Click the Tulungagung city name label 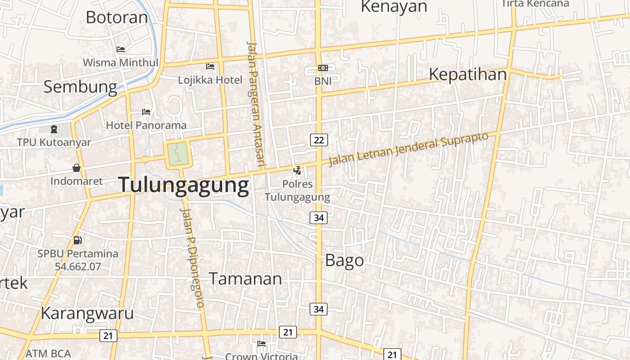(183, 185)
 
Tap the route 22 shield (319, 140)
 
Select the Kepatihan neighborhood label (468, 74)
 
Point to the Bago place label (344, 260)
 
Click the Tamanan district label (245, 279)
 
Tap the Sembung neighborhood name (80, 86)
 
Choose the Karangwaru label (87, 313)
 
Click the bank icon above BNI (323, 68)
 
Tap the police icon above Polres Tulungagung (297, 170)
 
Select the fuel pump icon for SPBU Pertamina (78, 240)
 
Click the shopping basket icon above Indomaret (76, 168)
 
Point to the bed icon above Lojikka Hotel (210, 67)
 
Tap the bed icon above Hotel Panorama (146, 112)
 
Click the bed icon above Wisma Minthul (120, 49)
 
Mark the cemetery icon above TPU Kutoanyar (54, 129)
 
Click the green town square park (179, 154)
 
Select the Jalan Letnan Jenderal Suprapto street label (408, 149)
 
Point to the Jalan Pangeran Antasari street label (255, 103)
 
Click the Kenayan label (394, 7)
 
